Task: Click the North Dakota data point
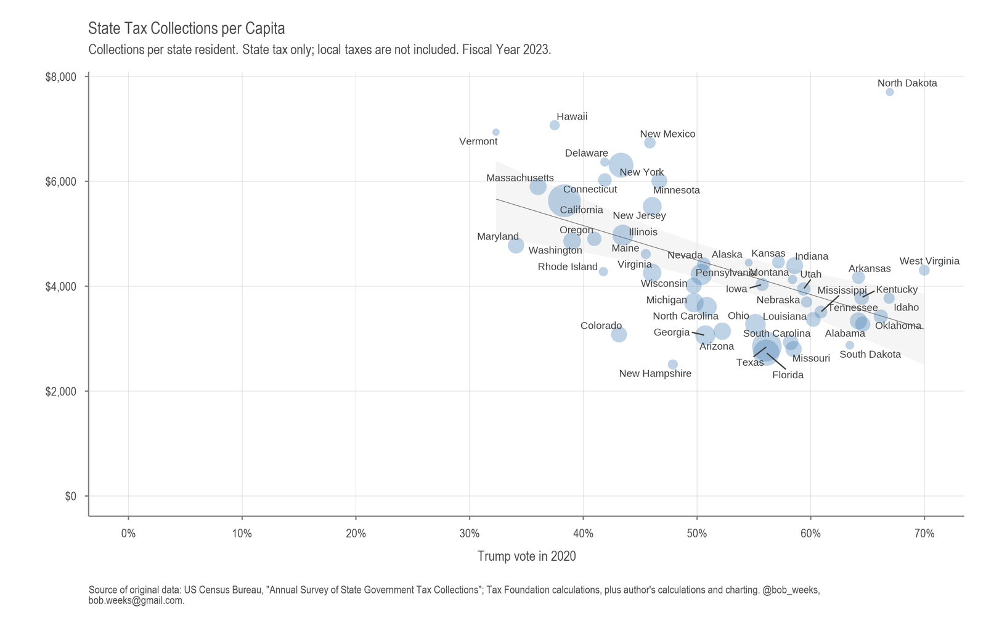889,92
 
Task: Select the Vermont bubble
495,132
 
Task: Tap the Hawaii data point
554,125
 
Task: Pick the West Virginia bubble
924,270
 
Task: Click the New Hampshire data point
672,364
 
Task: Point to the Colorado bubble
619,334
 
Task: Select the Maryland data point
516,246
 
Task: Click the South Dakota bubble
850,345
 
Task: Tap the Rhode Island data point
603,271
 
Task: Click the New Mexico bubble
650,143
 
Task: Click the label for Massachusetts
519,178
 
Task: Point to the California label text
581,210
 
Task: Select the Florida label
788,375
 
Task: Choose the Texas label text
749,363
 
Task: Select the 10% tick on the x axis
242,534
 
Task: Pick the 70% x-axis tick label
924,534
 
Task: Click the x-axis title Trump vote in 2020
526,556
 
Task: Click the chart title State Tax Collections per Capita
186,28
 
